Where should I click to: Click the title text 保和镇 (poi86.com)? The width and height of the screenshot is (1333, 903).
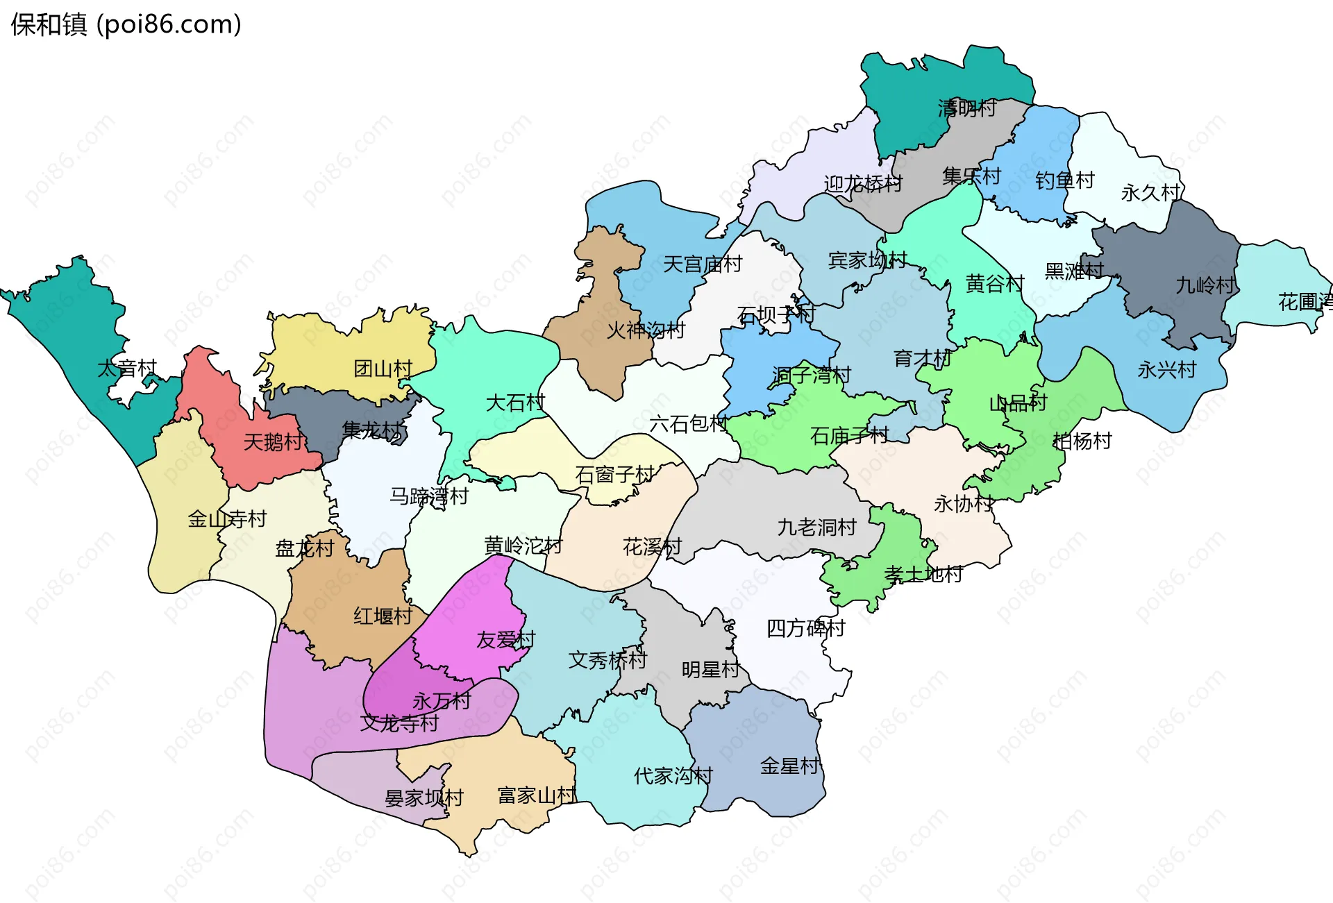click(x=126, y=24)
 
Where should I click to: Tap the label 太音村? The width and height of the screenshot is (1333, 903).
click(x=127, y=368)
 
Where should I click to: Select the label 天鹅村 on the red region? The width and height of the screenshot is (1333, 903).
click(x=273, y=441)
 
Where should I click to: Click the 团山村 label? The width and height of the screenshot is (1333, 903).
click(x=383, y=369)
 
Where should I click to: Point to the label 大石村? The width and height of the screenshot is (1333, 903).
click(x=515, y=403)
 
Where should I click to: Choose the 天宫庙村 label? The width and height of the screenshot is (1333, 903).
click(x=703, y=264)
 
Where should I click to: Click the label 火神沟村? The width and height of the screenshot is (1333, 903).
click(x=646, y=330)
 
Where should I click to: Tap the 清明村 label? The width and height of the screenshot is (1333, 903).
click(x=967, y=108)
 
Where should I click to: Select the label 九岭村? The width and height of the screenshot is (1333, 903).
click(x=1205, y=285)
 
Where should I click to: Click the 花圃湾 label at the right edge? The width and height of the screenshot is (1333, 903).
click(x=1305, y=301)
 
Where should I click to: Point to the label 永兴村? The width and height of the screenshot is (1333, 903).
click(x=1166, y=370)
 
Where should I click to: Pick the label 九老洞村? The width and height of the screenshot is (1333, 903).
click(x=816, y=528)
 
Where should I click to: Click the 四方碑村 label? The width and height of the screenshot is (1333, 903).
click(x=805, y=628)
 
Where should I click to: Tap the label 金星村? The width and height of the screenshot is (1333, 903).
click(x=789, y=766)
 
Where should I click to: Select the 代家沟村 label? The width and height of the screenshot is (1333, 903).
click(x=673, y=775)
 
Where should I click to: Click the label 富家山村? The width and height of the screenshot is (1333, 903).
click(x=537, y=795)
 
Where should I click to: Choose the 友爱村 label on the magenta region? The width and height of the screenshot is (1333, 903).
click(x=505, y=639)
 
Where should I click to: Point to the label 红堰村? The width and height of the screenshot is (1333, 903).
click(x=383, y=616)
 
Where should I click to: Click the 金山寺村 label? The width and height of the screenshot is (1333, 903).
click(x=227, y=518)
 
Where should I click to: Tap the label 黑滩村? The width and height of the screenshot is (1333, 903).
click(x=1074, y=271)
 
